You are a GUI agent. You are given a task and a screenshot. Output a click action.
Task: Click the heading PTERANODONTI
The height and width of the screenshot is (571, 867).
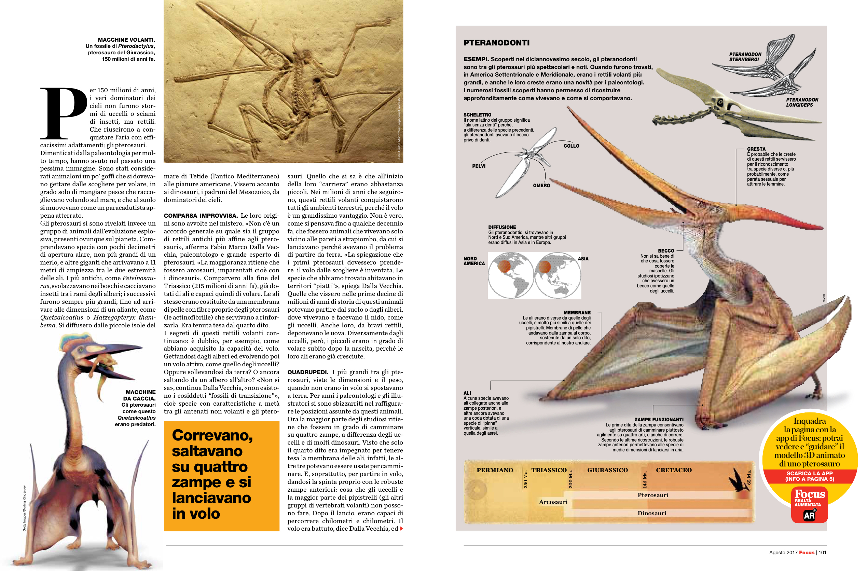pyautogui.click(x=496, y=43)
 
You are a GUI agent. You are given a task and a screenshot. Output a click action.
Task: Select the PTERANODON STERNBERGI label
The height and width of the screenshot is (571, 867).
pyautogui.click(x=745, y=57)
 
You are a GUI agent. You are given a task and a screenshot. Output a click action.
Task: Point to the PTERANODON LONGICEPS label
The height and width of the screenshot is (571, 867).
pyautogui.click(x=802, y=102)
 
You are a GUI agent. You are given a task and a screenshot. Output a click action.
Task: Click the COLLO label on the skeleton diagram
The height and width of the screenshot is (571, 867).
pyautogui.click(x=571, y=146)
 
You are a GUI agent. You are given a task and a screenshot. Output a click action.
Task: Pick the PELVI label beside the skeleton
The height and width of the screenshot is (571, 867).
pyautogui.click(x=479, y=166)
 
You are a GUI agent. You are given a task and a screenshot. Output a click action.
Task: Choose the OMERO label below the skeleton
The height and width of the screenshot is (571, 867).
pyautogui.click(x=541, y=186)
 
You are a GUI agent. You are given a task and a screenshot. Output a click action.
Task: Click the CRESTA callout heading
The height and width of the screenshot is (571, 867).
pyautogui.click(x=756, y=149)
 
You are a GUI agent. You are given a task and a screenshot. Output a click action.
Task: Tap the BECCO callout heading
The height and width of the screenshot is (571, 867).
pyautogui.click(x=666, y=251)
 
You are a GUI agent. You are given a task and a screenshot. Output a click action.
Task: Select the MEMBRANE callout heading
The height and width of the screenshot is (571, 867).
pyautogui.click(x=577, y=313)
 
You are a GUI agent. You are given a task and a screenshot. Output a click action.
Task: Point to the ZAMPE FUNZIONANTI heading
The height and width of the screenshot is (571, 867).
pyautogui.click(x=659, y=419)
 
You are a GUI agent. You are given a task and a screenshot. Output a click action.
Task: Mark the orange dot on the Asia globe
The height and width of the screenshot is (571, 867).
pyautogui.click(x=544, y=267)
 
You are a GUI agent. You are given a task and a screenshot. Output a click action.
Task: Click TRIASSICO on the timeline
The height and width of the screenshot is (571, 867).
pyautogui.click(x=549, y=470)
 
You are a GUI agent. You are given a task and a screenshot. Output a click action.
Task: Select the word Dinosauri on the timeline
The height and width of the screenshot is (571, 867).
pyautogui.click(x=652, y=513)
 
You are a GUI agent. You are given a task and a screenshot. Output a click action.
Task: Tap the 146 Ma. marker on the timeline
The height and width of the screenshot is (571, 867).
pyautogui.click(x=644, y=479)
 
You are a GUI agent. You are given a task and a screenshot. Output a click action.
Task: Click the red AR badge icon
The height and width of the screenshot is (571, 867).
pyautogui.click(x=809, y=515)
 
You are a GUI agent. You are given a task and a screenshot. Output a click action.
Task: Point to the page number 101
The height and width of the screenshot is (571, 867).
pyautogui.click(x=822, y=553)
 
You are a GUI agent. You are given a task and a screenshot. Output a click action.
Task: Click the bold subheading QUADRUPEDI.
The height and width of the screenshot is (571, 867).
pyautogui.click(x=308, y=372)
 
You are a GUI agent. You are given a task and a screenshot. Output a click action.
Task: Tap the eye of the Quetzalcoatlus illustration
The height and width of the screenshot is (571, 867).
pyautogui.click(x=81, y=350)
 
